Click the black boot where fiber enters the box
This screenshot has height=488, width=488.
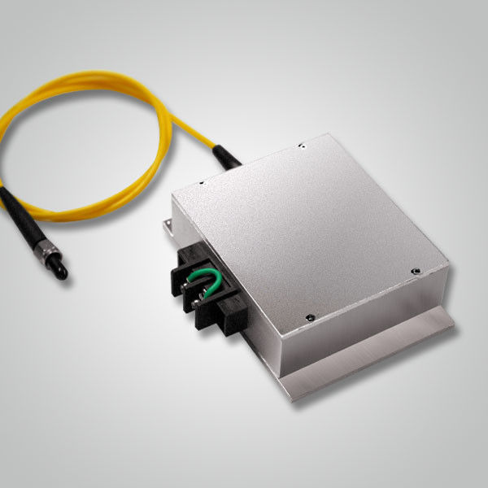(228, 156)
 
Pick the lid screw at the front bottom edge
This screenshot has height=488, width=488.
(309, 317)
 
